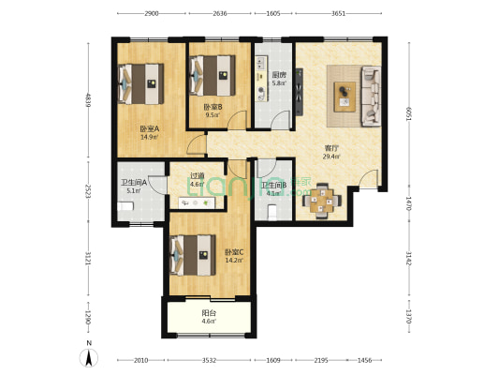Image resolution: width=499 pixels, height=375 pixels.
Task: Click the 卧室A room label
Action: [x=149, y=129]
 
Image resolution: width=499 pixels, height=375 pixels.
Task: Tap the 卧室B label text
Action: [x=213, y=107]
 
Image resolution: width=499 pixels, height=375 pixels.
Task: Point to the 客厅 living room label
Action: [x=331, y=147]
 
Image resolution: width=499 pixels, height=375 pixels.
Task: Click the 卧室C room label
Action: [x=234, y=251]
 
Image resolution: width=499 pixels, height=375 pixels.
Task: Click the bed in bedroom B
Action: [x=213, y=70]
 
